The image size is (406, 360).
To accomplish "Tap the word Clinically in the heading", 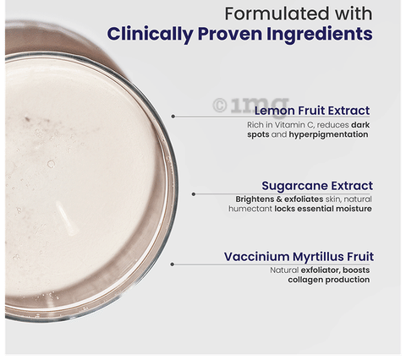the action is [150, 35].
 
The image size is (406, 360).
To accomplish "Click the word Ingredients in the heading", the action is [320, 35].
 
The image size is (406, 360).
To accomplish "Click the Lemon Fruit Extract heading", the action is [312, 111].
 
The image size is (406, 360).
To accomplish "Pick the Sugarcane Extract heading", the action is [317, 186].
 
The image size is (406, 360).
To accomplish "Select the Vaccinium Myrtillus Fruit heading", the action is [299, 257].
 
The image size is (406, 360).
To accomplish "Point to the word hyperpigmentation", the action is [328, 134].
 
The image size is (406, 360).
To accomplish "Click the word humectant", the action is [250, 209].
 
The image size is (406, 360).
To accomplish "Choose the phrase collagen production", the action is [329, 280].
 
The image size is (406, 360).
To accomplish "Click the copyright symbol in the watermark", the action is [220, 106].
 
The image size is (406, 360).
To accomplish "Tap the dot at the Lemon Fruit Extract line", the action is [173, 116].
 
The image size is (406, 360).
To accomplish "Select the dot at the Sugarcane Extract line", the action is [194, 194].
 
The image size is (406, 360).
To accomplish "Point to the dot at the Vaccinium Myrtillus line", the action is [173, 265].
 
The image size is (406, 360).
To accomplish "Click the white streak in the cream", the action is [66, 218].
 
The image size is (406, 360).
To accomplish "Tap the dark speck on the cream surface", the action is [27, 119].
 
